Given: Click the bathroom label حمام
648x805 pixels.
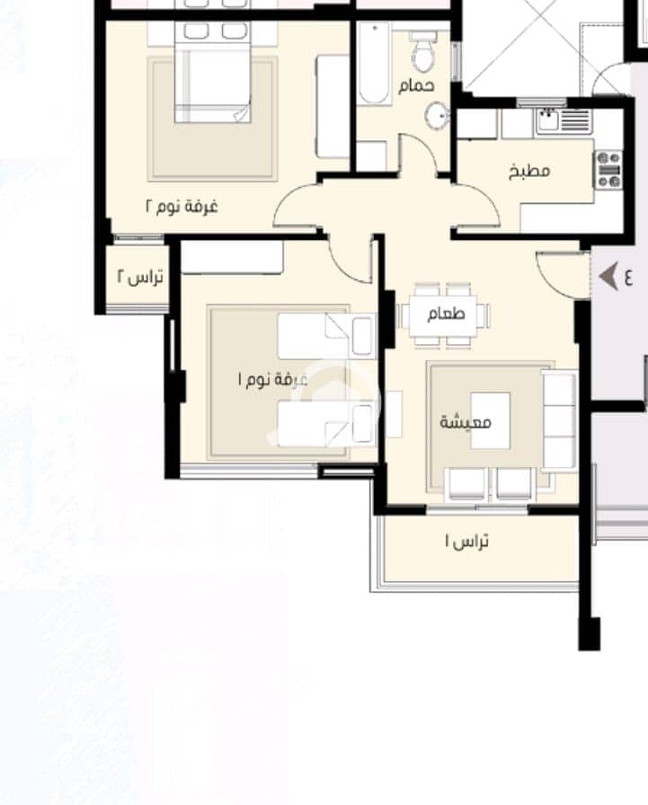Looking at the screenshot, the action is [x=416, y=85].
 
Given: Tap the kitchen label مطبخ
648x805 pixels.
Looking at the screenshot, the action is [x=529, y=171].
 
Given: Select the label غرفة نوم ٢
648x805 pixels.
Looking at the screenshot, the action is [x=182, y=207].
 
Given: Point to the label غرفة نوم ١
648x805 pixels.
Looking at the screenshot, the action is [x=272, y=379].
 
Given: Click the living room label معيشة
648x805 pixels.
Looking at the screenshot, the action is [x=466, y=422].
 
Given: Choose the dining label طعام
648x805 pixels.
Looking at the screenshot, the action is [x=446, y=314].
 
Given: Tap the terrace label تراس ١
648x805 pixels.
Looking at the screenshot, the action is [x=466, y=541].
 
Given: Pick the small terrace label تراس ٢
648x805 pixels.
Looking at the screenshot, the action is [x=140, y=277].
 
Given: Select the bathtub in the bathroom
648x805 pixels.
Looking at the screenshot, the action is [x=373, y=64].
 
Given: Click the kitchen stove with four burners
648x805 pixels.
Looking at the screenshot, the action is [x=609, y=170].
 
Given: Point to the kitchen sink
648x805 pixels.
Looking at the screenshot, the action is [x=548, y=120].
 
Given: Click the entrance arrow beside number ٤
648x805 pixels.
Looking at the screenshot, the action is [x=608, y=278].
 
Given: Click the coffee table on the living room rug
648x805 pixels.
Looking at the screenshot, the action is [x=491, y=421].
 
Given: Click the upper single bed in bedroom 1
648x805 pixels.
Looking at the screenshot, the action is [x=326, y=336].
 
